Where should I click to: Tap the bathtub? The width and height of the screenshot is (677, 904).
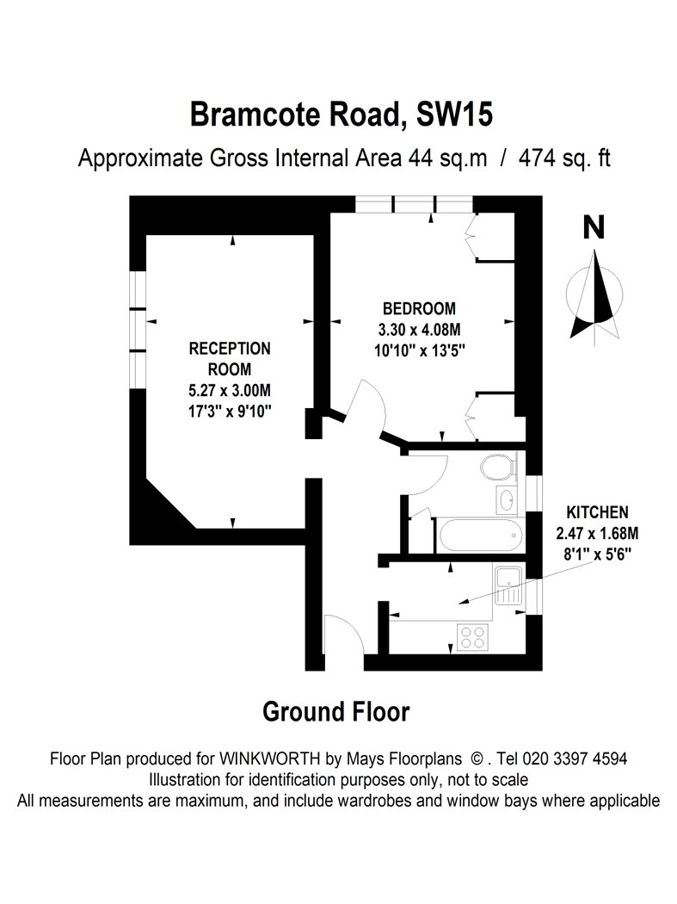pyautogui.click(x=481, y=535)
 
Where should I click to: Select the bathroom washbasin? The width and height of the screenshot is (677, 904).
pyautogui.click(x=507, y=499)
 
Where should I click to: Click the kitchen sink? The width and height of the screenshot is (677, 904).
pyautogui.click(x=508, y=585)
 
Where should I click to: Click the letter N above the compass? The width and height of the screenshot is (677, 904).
pyautogui.click(x=594, y=227)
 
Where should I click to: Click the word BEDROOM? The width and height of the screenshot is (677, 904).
pyautogui.click(x=419, y=308)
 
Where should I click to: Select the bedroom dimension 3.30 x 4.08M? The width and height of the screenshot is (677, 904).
pyautogui.click(x=419, y=330)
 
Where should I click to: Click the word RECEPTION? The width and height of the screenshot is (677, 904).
pyautogui.click(x=230, y=348)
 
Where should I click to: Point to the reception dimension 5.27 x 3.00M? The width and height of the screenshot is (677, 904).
pyautogui.click(x=230, y=390)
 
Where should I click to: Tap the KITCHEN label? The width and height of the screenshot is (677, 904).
pyautogui.click(x=598, y=512)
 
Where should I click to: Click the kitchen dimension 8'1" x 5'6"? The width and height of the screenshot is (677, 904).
pyautogui.click(x=598, y=554)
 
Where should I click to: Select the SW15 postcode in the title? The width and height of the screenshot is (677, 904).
pyautogui.click(x=454, y=115)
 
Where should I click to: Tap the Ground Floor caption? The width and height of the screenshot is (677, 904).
pyautogui.click(x=335, y=712)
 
